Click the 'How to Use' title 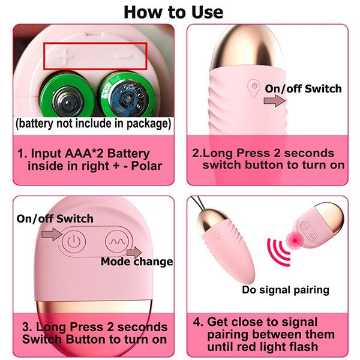pos(173,12)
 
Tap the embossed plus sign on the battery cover pos(65,56)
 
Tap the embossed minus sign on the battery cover pos(124,56)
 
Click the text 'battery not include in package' pos(93,124)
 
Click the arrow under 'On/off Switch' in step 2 pos(275,101)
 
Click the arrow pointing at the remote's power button pos(52,234)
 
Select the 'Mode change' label pos(137,262)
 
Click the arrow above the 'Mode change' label pos(134,253)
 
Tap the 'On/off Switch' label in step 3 pos(55,218)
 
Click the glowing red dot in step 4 pos(295,240)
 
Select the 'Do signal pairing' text pos(286,290)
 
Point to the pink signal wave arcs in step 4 pos(278,253)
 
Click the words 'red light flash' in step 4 pos(262,346)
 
